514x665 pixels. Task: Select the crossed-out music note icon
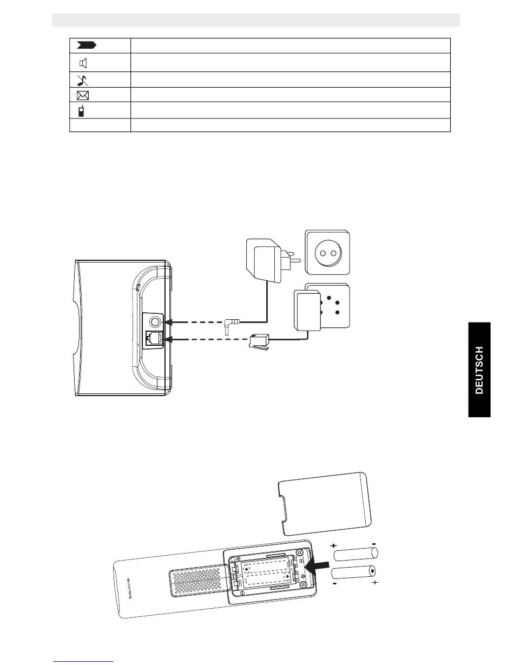point(83,80)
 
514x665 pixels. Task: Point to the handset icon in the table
point(81,111)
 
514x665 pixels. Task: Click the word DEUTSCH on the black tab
point(479,371)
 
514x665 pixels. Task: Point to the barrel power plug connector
point(230,326)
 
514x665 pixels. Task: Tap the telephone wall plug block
point(307,310)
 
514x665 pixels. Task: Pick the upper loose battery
point(355,555)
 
